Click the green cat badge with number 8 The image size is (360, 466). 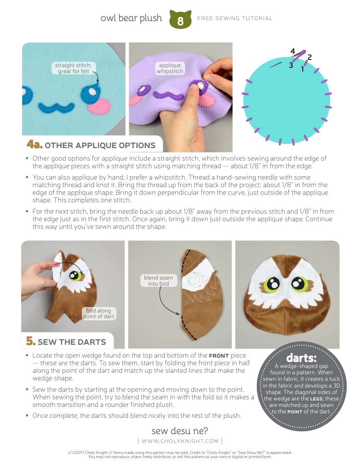coord(180,20)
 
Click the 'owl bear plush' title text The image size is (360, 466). coord(131,18)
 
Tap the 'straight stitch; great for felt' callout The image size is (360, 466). coord(74,68)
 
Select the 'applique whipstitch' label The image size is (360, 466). coord(170,68)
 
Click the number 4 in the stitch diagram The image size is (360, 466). coord(293,51)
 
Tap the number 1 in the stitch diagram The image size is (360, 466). coord(302,69)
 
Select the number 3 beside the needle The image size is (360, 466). coord(291,65)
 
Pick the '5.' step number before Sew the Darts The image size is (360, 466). coord(31,341)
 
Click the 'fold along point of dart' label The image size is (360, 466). coord(99,314)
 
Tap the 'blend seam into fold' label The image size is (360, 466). coord(158,281)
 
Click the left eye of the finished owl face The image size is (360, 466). coord(272,284)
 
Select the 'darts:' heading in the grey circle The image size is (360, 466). coord(301,358)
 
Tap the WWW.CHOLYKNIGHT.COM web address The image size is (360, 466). coord(180,441)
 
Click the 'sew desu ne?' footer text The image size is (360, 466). coord(180,431)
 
